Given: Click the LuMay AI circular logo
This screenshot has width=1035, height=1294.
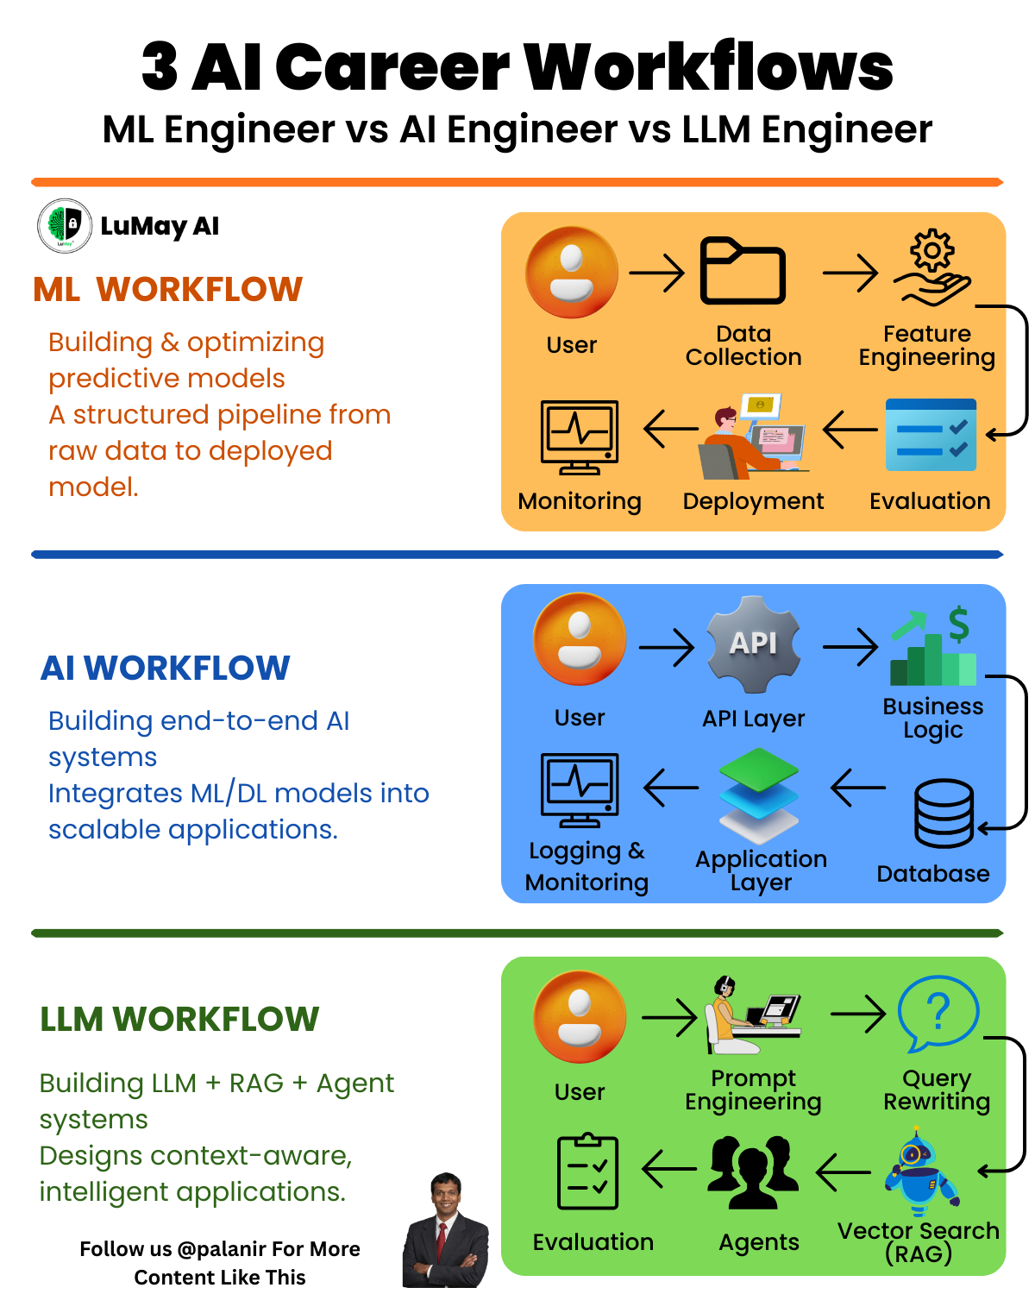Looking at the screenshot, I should [65, 226].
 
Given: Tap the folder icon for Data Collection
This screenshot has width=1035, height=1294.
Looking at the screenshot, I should [743, 271].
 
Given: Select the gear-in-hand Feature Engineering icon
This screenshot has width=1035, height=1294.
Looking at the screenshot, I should [931, 268].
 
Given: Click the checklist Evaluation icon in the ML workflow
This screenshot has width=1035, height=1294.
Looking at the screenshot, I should [931, 435].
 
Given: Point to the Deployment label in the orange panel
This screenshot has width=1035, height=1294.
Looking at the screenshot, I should [753, 501].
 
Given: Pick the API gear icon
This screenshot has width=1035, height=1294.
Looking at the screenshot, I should [754, 644].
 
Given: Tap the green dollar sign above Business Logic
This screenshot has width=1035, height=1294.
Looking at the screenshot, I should [958, 624].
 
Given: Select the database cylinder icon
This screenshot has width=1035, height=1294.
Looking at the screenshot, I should [944, 813].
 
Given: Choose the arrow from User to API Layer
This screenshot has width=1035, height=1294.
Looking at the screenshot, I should [667, 647].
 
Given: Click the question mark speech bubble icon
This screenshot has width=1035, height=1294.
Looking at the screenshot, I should [938, 1013].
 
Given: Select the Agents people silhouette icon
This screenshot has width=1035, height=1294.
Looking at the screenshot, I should [753, 1172].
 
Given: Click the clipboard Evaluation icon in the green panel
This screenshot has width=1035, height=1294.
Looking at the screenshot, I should [587, 1172].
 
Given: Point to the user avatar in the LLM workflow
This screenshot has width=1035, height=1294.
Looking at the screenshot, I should [580, 1016].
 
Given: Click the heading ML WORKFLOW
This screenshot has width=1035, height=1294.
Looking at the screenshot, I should [168, 289].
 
